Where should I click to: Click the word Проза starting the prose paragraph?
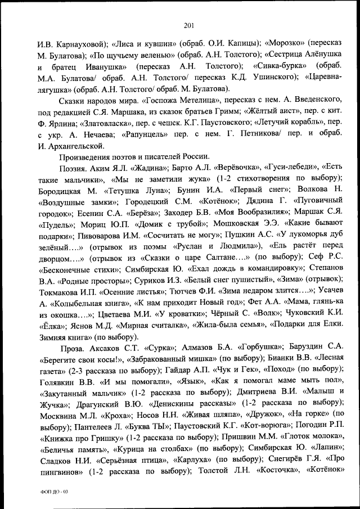(x=70, y=349)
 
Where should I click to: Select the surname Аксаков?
(x=107, y=349)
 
